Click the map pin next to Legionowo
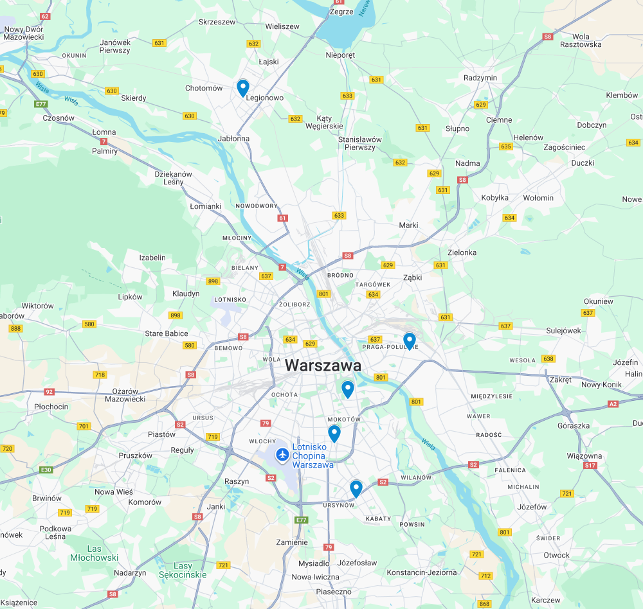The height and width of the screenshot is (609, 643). (243, 87)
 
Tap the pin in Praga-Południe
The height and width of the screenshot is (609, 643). (409, 340)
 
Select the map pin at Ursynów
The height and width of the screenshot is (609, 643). (356, 489)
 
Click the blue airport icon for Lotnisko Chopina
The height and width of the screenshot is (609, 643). (282, 455)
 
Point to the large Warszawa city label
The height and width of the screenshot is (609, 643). (323, 366)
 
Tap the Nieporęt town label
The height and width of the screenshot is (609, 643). (340, 55)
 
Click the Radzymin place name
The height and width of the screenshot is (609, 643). (480, 78)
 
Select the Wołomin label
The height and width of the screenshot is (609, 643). (538, 198)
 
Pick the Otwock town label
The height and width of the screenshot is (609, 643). (556, 555)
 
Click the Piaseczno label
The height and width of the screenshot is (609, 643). (334, 592)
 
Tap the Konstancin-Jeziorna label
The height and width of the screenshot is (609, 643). (422, 572)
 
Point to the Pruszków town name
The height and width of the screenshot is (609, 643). (136, 455)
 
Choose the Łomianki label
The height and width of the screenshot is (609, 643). (206, 206)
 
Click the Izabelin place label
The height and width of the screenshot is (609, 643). (152, 258)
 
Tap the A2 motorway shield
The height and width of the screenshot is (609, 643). (613, 404)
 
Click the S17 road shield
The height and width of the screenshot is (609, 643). (590, 465)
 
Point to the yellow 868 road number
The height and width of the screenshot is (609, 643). (485, 604)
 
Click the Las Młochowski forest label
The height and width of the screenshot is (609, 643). (95, 553)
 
